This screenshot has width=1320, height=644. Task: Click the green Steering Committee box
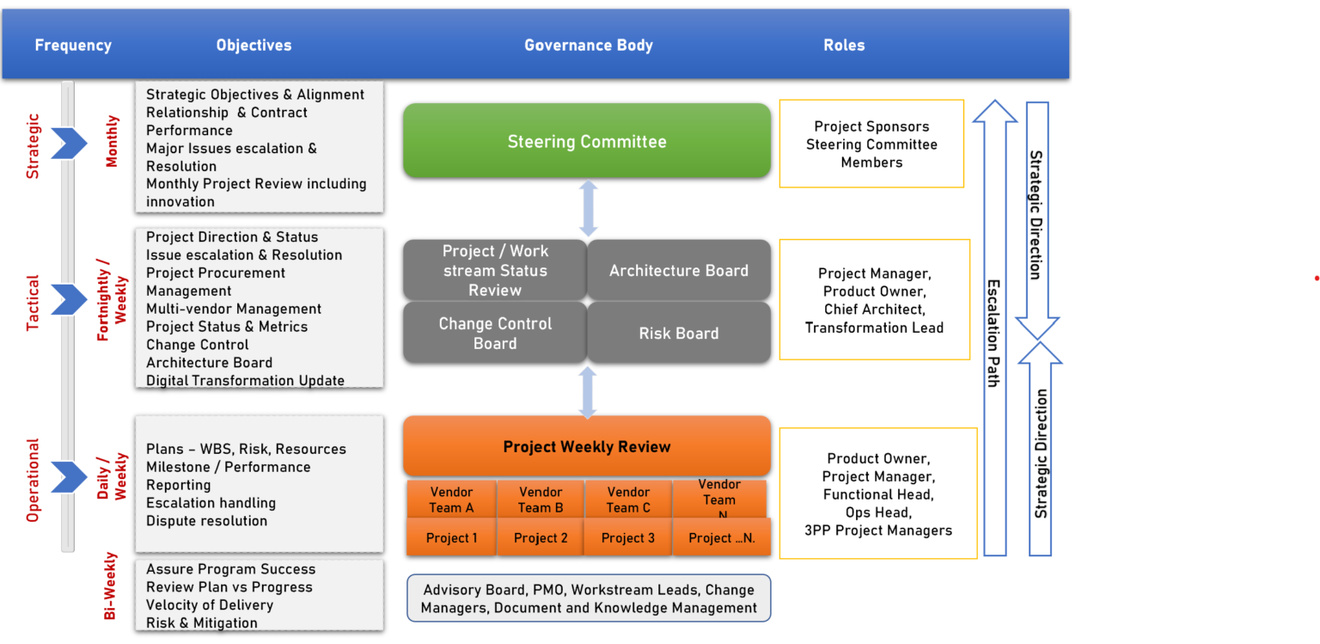pyautogui.click(x=587, y=141)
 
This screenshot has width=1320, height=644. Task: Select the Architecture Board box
pyautogui.click(x=679, y=270)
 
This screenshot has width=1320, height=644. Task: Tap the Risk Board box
pyautogui.click(x=679, y=333)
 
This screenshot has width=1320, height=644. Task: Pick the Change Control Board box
pyautogui.click(x=495, y=333)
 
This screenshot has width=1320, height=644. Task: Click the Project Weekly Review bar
pyautogui.click(x=587, y=446)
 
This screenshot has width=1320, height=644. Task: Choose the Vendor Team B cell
pyautogui.click(x=541, y=500)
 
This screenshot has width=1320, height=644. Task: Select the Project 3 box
pyautogui.click(x=628, y=538)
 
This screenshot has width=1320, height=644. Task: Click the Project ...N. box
pyautogui.click(x=721, y=538)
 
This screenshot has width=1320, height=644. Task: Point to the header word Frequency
pyautogui.click(x=73, y=46)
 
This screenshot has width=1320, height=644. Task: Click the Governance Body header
pyautogui.click(x=589, y=46)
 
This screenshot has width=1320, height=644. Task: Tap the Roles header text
pyautogui.click(x=844, y=46)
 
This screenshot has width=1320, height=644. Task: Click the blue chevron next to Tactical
pyautogui.click(x=69, y=299)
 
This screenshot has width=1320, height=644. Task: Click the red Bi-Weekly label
pyautogui.click(x=111, y=586)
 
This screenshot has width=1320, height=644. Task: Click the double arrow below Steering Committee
pyautogui.click(x=588, y=208)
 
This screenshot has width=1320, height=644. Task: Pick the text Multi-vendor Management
pyautogui.click(x=234, y=309)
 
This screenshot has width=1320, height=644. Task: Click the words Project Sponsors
pyautogui.click(x=871, y=126)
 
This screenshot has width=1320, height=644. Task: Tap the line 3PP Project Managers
pyautogui.click(x=878, y=531)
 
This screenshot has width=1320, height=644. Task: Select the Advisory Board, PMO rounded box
pyautogui.click(x=589, y=598)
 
